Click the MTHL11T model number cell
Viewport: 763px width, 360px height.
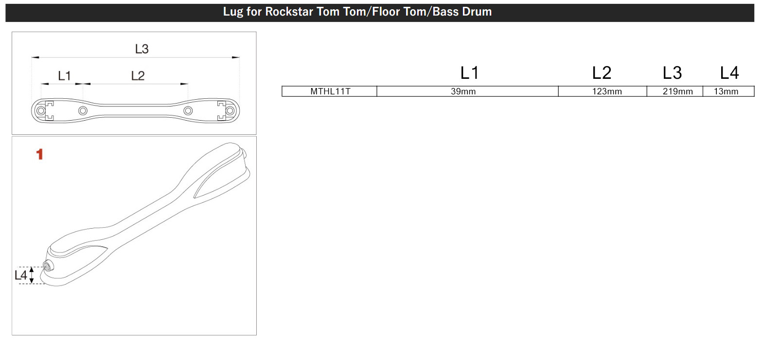pos(330,91)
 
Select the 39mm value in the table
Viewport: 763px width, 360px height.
pos(463,91)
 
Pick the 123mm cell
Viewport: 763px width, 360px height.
pos(606,91)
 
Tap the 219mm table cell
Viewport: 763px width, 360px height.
pos(677,91)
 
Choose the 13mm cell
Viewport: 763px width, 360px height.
pos(726,91)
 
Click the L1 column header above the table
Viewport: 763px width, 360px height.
pos(469,73)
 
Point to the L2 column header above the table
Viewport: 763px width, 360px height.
pos(602,73)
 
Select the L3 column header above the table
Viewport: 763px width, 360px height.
pos(672,73)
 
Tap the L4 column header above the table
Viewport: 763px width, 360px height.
pos(729,73)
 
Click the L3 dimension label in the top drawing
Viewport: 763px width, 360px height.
pos(142,49)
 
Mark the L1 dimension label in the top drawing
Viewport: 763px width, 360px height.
pos(64,76)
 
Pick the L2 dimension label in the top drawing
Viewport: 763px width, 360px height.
pos(138,76)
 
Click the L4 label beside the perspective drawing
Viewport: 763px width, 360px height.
pos(20,275)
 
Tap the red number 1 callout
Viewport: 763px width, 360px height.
pos(39,155)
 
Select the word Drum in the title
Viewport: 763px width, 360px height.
pos(476,12)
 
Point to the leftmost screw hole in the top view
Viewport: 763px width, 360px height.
pos(41,111)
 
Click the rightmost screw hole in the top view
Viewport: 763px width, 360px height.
pos(230,111)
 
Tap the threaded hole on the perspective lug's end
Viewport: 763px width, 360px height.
pos(48,266)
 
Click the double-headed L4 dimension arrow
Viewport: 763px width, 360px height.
pos(32,275)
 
